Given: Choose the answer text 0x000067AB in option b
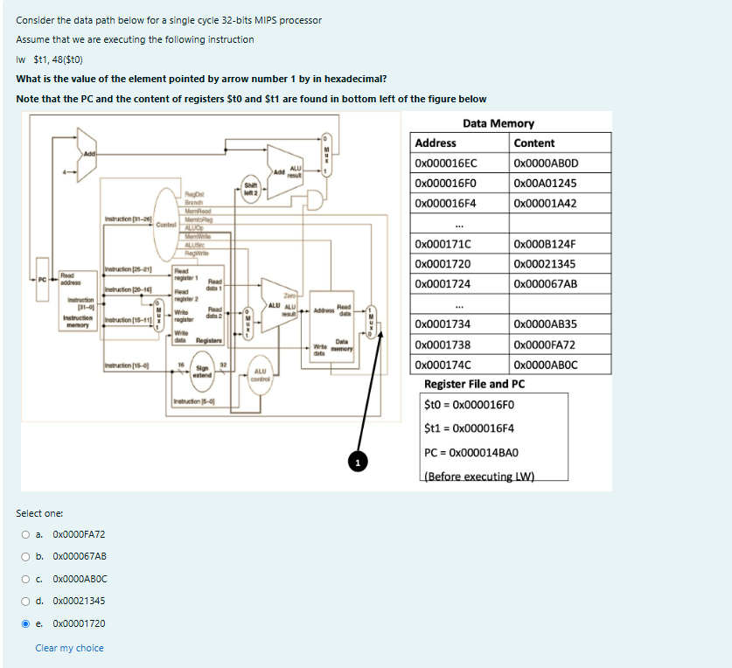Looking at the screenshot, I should pyautogui.click(x=80, y=557).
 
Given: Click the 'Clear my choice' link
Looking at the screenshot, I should pyautogui.click(x=69, y=648).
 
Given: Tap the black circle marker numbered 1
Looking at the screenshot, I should pyautogui.click(x=357, y=461).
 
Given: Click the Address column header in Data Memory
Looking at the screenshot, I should pyautogui.click(x=436, y=143).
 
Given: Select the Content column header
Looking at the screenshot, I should pyautogui.click(x=534, y=143).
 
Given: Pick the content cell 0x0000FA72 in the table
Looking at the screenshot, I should pyautogui.click(x=546, y=345).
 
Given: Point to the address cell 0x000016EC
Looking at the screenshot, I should pyautogui.click(x=446, y=164).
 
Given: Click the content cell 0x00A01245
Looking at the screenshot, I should pyautogui.click(x=546, y=184).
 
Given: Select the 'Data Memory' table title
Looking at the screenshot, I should pyautogui.click(x=498, y=123).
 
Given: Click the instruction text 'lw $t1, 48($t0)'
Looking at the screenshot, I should pyautogui.click(x=49, y=59).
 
